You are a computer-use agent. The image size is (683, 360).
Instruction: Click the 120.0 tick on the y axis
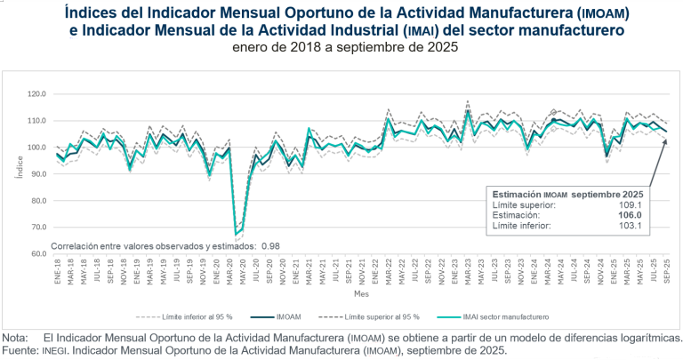pyautogui.click(x=36, y=93)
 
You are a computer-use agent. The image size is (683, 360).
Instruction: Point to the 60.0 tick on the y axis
pyautogui.click(x=37, y=253)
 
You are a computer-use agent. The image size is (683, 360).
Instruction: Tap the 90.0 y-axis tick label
pyautogui.click(x=37, y=173)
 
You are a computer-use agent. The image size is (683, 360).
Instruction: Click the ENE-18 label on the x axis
pyautogui.click(x=56, y=270)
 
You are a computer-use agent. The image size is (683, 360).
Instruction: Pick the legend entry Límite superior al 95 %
pyautogui.click(x=382, y=316)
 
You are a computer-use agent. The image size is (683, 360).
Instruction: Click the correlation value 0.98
pyautogui.click(x=269, y=245)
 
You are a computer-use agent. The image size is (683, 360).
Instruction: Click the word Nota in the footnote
pyautogui.click(x=15, y=338)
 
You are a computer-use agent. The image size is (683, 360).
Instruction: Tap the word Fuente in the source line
pyautogui.click(x=19, y=350)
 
